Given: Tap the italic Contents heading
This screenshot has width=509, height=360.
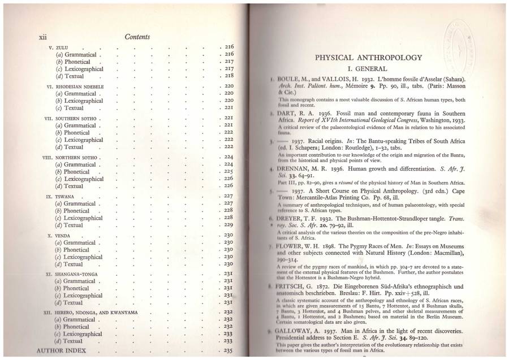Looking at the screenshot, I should click(137, 37).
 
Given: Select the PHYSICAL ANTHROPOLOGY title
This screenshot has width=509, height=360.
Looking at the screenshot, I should click(368, 57).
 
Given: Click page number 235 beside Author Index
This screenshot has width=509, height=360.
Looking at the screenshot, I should click(228, 351).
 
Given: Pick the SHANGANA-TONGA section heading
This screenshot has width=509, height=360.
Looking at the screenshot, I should click(78, 274).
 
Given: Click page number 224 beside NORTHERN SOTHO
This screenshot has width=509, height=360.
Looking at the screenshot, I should click(228, 157).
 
